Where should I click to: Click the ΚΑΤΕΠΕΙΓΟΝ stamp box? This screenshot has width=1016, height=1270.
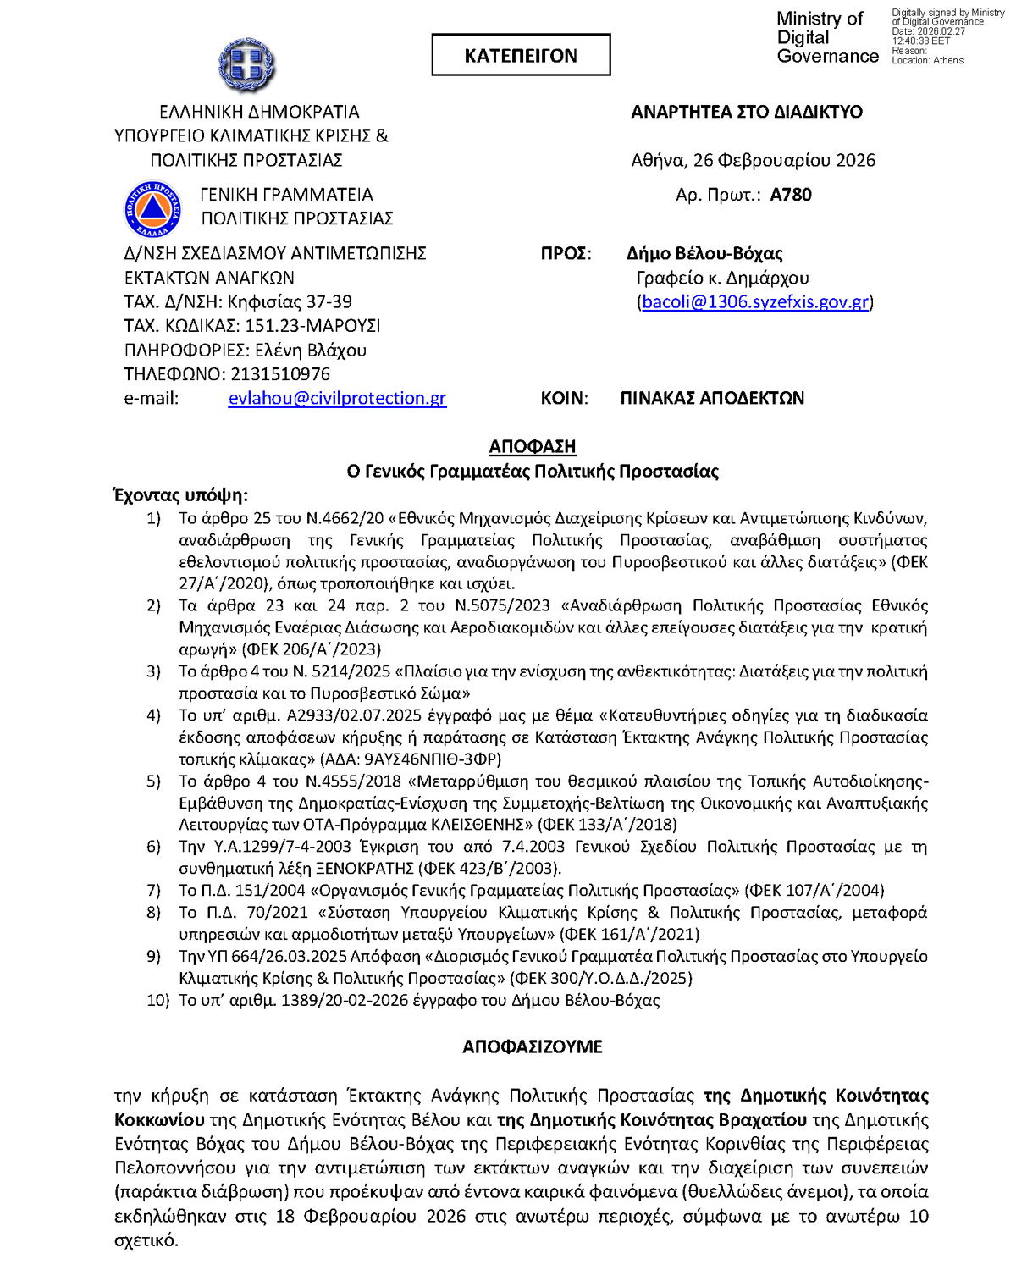521,56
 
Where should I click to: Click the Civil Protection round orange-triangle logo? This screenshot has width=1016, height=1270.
152,208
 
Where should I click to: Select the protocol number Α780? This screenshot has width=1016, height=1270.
791,195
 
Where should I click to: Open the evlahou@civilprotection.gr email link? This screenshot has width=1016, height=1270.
337,398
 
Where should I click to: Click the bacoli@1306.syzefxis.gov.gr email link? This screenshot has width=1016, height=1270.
755,302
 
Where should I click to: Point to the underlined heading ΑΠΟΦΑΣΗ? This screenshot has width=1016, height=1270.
533,446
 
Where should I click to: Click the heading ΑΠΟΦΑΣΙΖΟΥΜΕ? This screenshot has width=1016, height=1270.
533,1046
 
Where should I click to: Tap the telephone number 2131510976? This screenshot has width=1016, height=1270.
280,374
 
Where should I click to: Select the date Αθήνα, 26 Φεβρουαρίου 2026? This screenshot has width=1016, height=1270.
753,160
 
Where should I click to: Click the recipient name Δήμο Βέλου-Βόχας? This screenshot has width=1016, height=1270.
704,253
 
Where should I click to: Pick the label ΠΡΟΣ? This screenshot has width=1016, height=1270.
566,253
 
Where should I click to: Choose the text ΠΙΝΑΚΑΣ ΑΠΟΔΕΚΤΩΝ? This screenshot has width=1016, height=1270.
712,398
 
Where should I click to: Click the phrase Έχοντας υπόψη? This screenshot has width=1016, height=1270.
181,495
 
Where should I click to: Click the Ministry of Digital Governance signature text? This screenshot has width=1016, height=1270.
826,37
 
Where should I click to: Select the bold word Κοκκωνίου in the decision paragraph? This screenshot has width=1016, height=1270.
159,1120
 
